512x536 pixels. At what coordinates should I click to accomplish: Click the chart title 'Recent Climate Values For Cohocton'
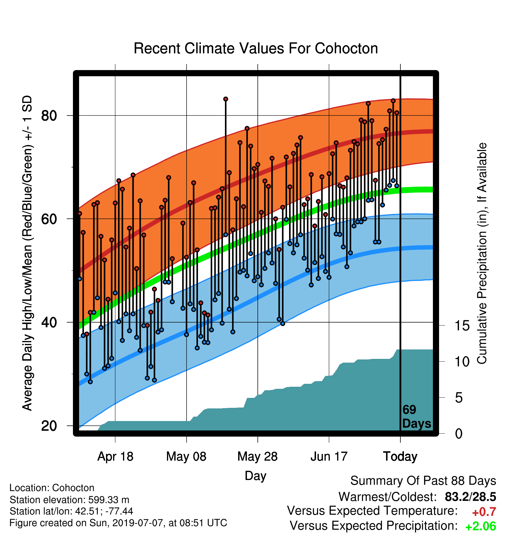(256, 48)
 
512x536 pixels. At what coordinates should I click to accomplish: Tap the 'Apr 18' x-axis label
(115, 457)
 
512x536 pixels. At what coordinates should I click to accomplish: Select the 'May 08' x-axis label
(186, 457)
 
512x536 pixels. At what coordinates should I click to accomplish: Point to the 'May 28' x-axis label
(257, 457)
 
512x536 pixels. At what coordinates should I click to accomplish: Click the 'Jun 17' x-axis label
(329, 457)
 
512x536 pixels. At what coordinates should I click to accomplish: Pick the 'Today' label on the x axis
(400, 457)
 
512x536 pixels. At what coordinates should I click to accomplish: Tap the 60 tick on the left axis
(49, 219)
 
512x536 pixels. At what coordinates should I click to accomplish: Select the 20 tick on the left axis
(49, 426)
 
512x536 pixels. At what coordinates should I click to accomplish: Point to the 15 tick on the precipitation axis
(462, 325)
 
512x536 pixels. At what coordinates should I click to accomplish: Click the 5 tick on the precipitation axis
(459, 398)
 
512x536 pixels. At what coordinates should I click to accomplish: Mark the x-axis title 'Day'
(255, 476)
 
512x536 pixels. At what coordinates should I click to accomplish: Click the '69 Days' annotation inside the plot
(417, 417)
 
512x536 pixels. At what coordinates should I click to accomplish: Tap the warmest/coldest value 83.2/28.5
(470, 497)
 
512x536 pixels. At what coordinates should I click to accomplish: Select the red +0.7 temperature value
(484, 512)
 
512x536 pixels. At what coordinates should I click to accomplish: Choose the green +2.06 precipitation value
(481, 526)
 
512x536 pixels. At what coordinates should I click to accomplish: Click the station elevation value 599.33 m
(109, 500)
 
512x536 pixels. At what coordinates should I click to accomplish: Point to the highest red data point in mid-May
(226, 99)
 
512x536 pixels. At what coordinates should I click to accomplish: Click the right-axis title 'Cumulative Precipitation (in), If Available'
(482, 253)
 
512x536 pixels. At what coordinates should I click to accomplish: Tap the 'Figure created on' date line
(118, 523)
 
